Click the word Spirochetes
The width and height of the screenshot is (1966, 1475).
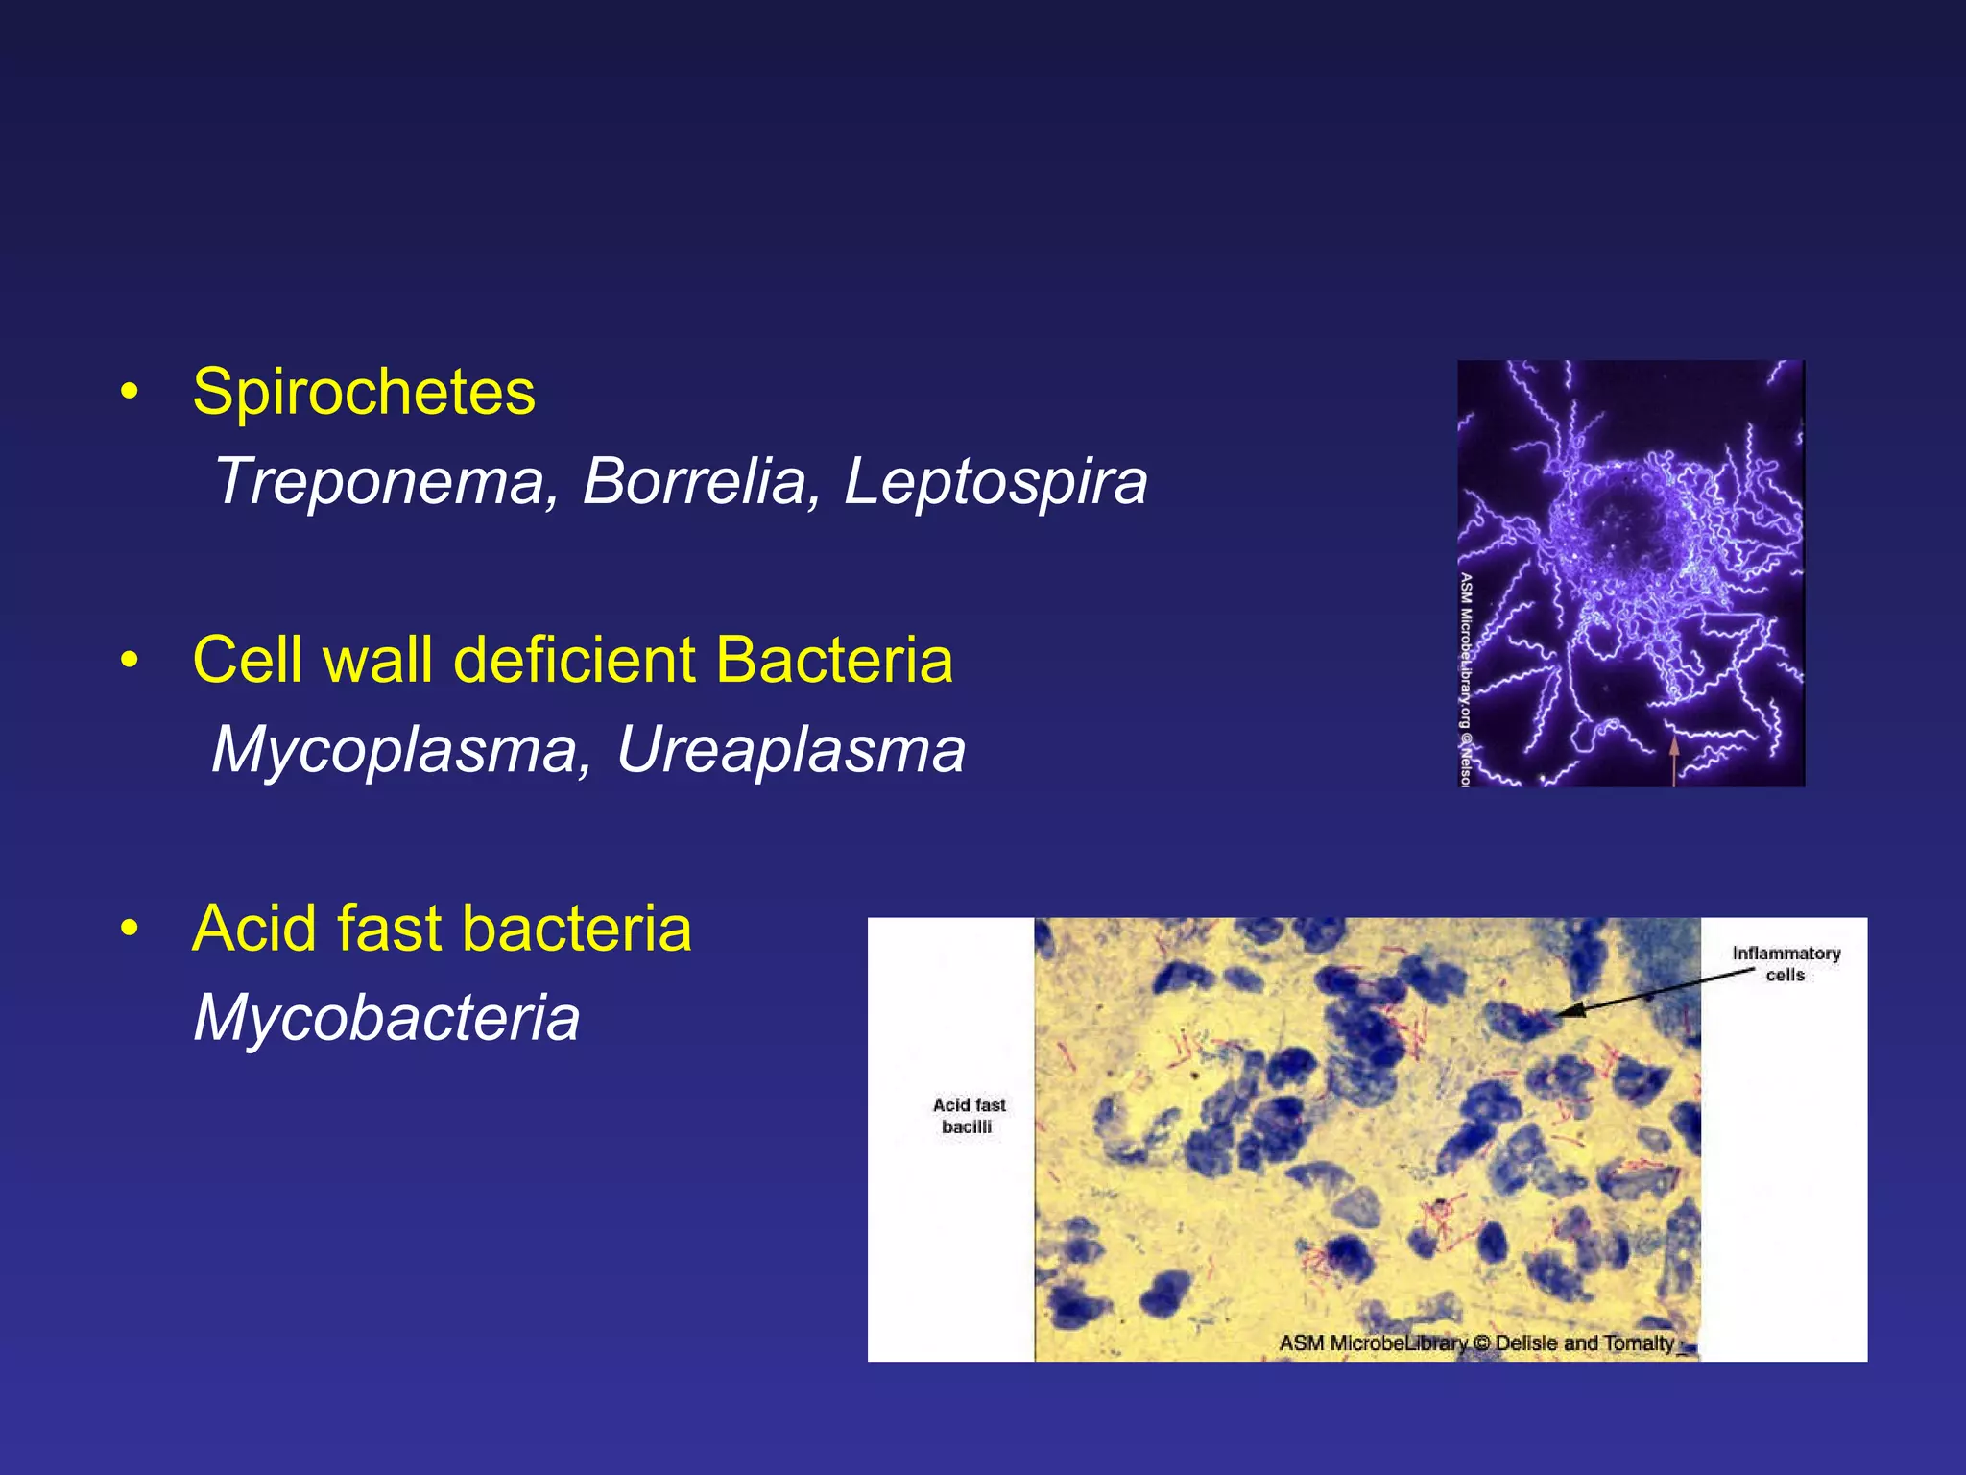[x=364, y=393]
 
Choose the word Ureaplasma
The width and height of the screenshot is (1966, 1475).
[x=790, y=750]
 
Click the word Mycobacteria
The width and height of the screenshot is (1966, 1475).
[x=387, y=1018]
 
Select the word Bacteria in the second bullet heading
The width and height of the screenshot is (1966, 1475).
[x=833, y=661]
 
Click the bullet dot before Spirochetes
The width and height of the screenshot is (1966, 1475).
[x=130, y=393]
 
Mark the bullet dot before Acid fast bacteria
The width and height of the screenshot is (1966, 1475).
[x=130, y=930]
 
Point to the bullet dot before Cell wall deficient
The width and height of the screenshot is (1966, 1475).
[x=130, y=661]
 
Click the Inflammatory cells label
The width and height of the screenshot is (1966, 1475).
[x=1786, y=963]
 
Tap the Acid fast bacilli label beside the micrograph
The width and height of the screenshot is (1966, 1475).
[x=969, y=1115]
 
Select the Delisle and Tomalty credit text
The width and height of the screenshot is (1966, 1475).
[x=1584, y=1342]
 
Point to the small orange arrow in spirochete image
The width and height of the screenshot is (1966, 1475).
[x=1673, y=759]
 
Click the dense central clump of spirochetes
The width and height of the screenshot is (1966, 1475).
[x=1632, y=528]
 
